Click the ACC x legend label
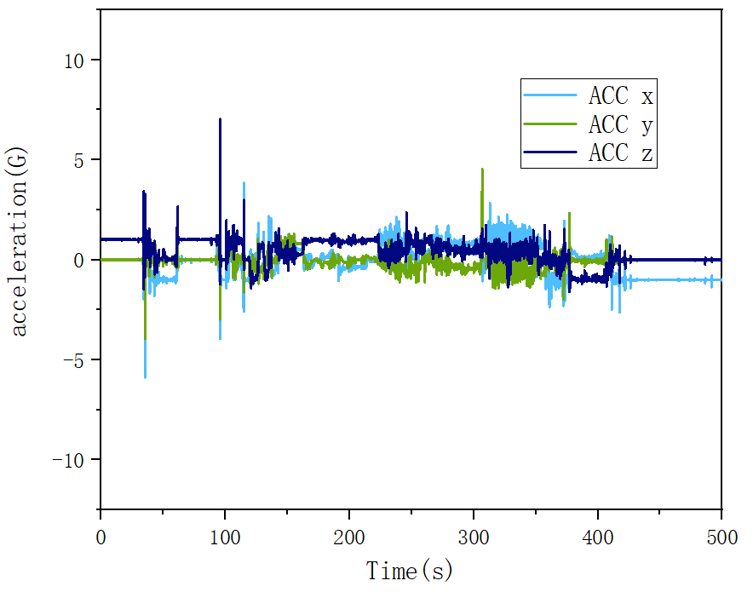tap(620, 95)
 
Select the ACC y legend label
tap(620, 125)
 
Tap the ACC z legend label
tap(620, 154)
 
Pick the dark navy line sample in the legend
tap(551, 154)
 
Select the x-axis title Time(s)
tap(410, 569)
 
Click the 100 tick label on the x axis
tap(225, 537)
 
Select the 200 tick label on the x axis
tap(349, 537)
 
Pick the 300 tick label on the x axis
tap(474, 537)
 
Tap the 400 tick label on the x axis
tap(597, 537)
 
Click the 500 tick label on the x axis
tap(721, 537)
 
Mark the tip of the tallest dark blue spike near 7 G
tap(221, 119)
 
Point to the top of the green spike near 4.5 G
tap(482, 169)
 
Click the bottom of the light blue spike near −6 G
tap(145, 377)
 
